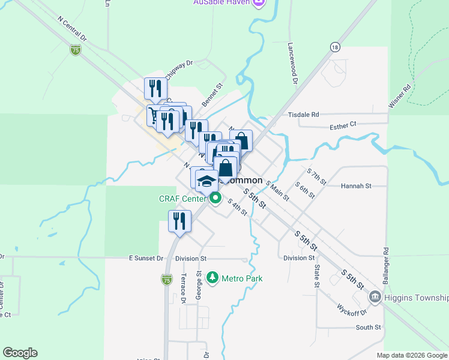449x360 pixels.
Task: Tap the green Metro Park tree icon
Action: point(212,278)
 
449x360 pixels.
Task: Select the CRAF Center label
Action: point(182,199)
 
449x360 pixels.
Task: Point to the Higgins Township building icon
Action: point(375,297)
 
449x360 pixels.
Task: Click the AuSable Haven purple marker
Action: point(259,3)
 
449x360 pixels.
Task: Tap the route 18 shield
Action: point(335,47)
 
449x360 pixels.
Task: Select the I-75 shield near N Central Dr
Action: point(76,50)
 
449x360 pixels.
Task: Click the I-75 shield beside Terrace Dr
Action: point(166,279)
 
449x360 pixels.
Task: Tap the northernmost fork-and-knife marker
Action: point(155,88)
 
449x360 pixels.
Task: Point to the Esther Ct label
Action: point(344,125)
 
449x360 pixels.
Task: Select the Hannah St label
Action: point(356,186)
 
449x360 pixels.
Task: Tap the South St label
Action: point(368,328)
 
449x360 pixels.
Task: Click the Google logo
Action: point(20,353)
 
